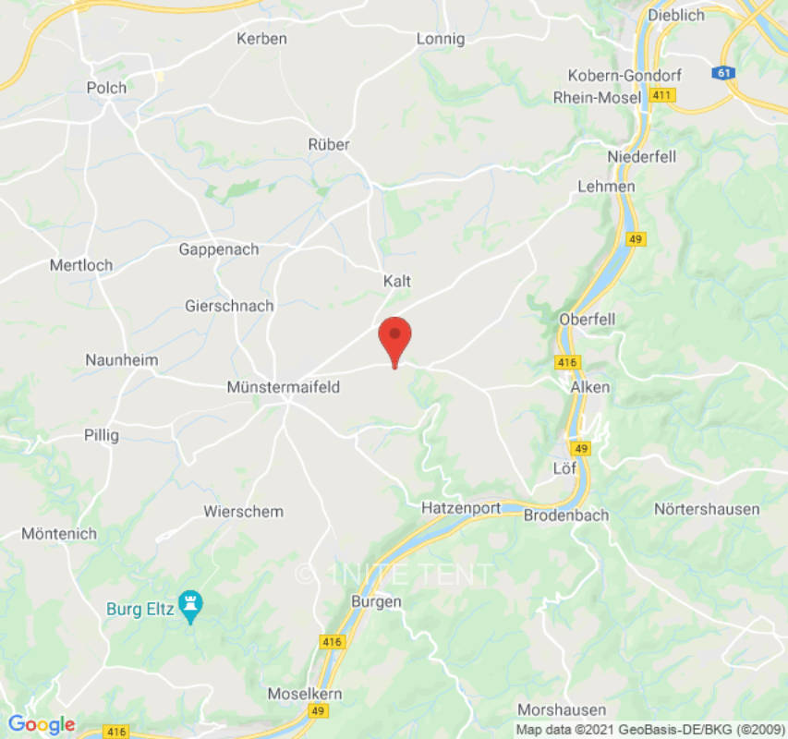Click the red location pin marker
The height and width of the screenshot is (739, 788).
[395, 338]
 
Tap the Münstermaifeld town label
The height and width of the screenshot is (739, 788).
[283, 388]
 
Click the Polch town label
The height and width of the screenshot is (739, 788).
[106, 88]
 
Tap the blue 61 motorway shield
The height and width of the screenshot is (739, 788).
[723, 72]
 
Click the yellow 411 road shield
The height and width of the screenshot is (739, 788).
[662, 95]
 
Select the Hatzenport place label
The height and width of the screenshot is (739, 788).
[461, 508]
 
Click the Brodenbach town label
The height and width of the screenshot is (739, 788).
[566, 515]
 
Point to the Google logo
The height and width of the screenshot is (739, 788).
[41, 724]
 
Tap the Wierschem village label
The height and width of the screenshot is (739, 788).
[243, 512]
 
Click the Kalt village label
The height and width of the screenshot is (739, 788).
[397, 281]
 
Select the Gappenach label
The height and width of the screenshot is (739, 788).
[219, 249]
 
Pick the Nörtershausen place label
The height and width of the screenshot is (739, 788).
[707, 509]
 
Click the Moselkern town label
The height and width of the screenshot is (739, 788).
[305, 693]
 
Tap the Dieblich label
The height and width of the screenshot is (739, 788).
[676, 15]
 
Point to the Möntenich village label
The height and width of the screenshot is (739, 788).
[58, 535]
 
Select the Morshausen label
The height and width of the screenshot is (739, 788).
[562, 709]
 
